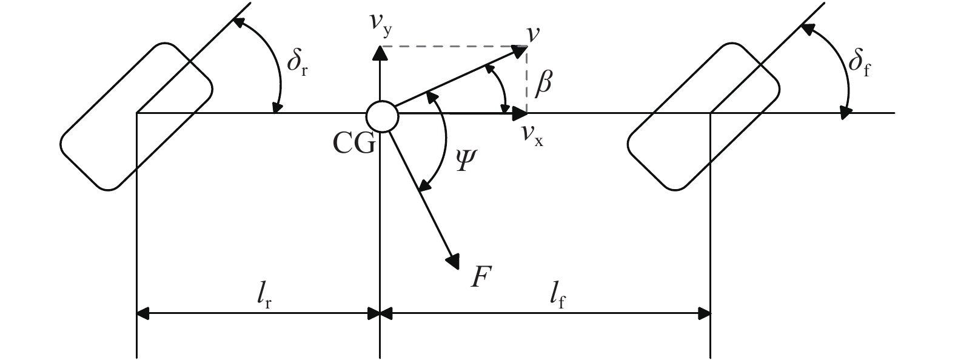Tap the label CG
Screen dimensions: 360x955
pos(354,144)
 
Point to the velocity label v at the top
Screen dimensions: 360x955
pos(533,34)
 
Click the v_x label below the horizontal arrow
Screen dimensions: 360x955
pos(532,134)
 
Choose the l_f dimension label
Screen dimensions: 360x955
pos(558,297)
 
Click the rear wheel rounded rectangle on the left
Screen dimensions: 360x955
pos(136,116)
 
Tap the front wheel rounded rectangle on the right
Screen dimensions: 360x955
pos(703,116)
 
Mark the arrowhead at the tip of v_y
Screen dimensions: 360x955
pos(380,53)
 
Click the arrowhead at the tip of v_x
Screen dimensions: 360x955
pos(520,113)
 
